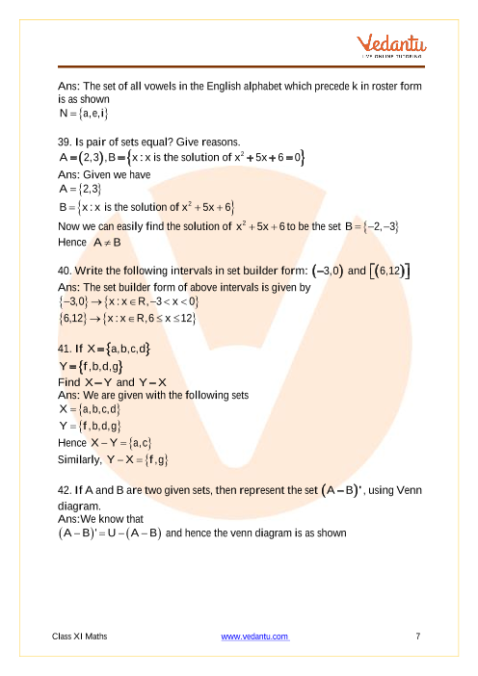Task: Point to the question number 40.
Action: (x=66, y=273)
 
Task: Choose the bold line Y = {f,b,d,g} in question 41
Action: (x=90, y=365)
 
